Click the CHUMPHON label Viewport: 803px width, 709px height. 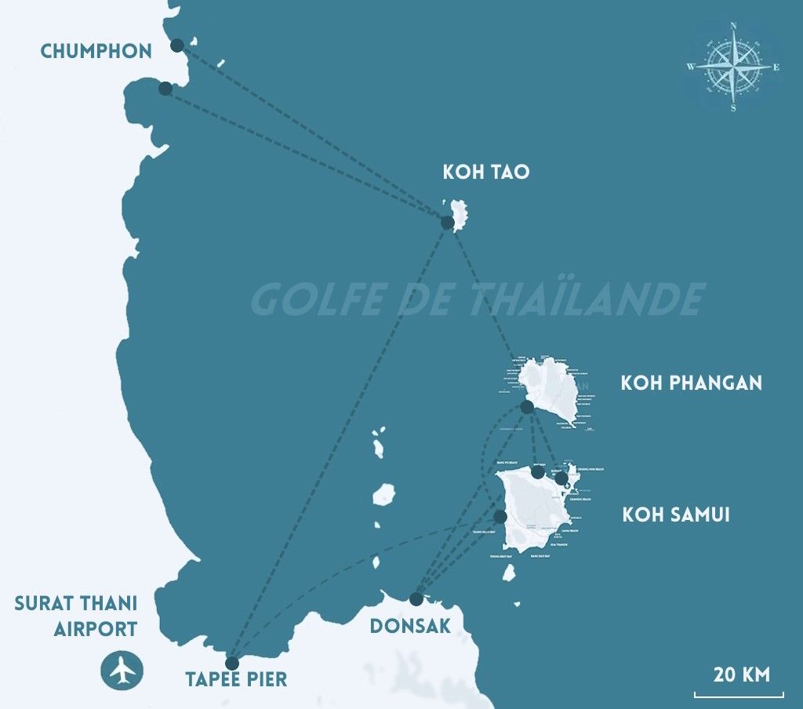pyautogui.click(x=96, y=52)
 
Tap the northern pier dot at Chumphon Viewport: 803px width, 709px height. pyautogui.click(x=177, y=45)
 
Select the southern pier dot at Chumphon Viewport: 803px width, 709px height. pyautogui.click(x=165, y=89)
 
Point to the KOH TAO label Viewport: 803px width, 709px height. pyautogui.click(x=486, y=172)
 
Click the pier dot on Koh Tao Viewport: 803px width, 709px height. pyautogui.click(x=448, y=223)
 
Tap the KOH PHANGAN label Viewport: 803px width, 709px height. pyautogui.click(x=692, y=383)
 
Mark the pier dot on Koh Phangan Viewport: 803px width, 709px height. pyautogui.click(x=527, y=407)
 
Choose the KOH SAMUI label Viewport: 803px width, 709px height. pyautogui.click(x=676, y=515)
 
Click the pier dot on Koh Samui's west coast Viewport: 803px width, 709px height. pyautogui.click(x=500, y=516)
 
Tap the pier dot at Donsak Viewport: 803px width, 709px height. pyautogui.click(x=416, y=599)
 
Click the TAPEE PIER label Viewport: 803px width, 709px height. pyautogui.click(x=236, y=679)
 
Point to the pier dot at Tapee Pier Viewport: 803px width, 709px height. pyautogui.click(x=232, y=663)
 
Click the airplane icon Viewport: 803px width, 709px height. pyautogui.click(x=122, y=670)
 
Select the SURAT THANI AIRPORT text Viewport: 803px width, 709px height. pyautogui.click(x=76, y=616)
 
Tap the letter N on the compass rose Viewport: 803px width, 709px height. pyautogui.click(x=733, y=26)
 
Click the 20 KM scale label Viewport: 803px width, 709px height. pyautogui.click(x=741, y=674)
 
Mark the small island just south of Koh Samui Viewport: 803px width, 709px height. pyautogui.click(x=509, y=573)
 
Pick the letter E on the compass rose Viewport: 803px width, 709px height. pyautogui.click(x=776, y=67)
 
